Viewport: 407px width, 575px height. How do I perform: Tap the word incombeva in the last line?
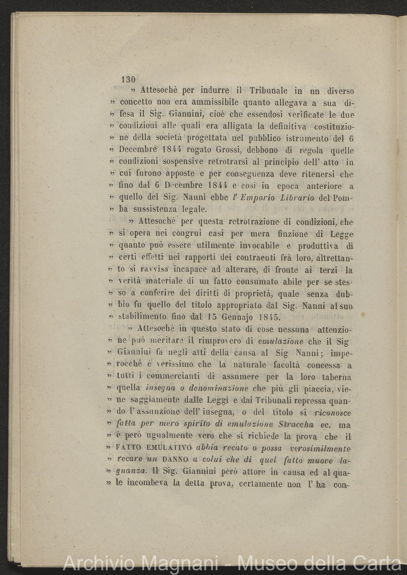click(x=144, y=483)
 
